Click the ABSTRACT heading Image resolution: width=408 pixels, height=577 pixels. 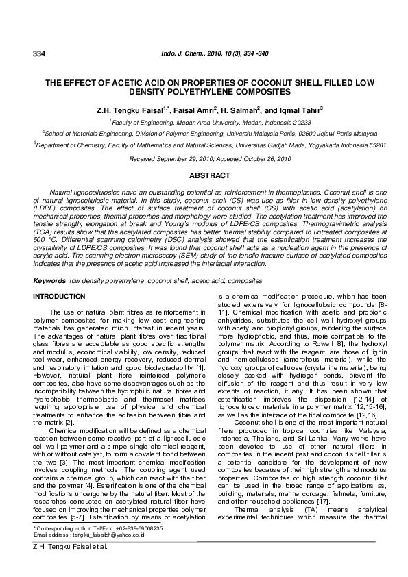tap(208, 176)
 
